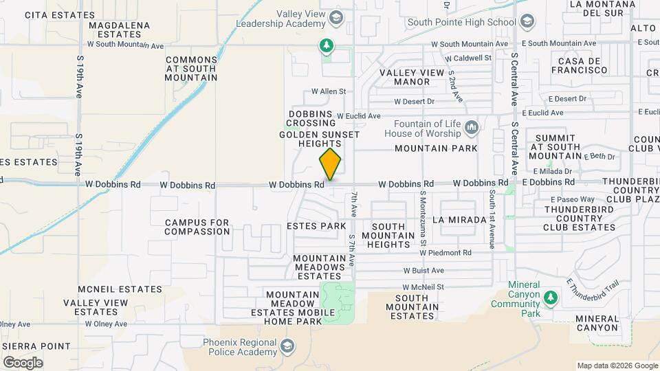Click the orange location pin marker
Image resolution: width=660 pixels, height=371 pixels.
click(x=330, y=164)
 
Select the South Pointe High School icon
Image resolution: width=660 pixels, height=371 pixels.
click(x=527, y=22)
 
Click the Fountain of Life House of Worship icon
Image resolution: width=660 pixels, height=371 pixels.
click(x=472, y=128)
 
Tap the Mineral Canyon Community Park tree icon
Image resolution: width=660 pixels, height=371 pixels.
click(x=549, y=297)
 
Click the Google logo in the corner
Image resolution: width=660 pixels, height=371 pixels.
click(x=23, y=362)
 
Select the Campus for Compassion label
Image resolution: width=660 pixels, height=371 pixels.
click(x=197, y=227)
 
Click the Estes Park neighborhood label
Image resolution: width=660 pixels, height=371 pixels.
click(x=316, y=226)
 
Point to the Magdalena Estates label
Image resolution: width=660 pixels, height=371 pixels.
click(x=115, y=30)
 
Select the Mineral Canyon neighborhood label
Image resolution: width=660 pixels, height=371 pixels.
click(x=597, y=323)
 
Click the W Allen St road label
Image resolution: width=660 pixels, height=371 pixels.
click(x=328, y=91)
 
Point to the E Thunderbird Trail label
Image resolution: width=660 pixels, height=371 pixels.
click(x=594, y=292)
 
